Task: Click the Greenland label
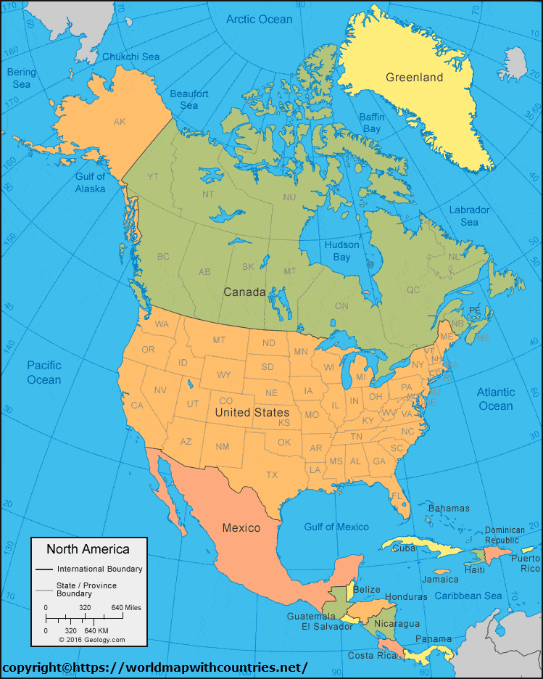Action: pos(414,78)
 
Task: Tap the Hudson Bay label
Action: pos(341,251)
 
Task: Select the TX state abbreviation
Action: pos(272,475)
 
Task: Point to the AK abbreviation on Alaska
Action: pos(120,122)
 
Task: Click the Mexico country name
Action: pos(241,527)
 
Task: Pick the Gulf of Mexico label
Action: pos(336,527)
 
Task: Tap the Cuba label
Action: pos(403,548)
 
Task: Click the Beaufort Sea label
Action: pos(188,99)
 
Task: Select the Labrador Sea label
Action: pos(469,215)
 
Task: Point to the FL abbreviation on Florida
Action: pos(397,495)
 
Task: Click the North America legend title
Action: pos(88,549)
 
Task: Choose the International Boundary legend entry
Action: pos(99,569)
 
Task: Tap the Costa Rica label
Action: pos(373,655)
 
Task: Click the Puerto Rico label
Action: pos(525,563)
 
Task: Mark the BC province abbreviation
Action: pos(163,257)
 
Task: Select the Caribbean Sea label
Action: pos(468,596)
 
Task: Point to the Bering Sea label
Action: pos(20,78)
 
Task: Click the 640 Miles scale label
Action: pos(126,607)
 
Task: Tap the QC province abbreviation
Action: pos(413,290)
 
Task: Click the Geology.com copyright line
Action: pos(92,639)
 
